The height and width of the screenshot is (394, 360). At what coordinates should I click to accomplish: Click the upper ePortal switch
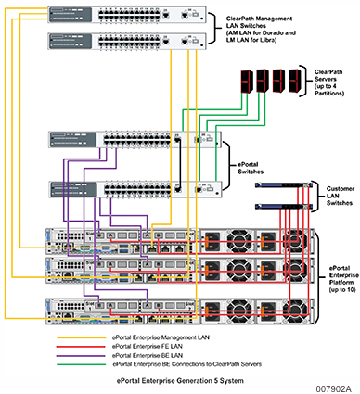point(135,141)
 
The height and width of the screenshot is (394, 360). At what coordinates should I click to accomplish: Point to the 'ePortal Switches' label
point(246,166)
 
